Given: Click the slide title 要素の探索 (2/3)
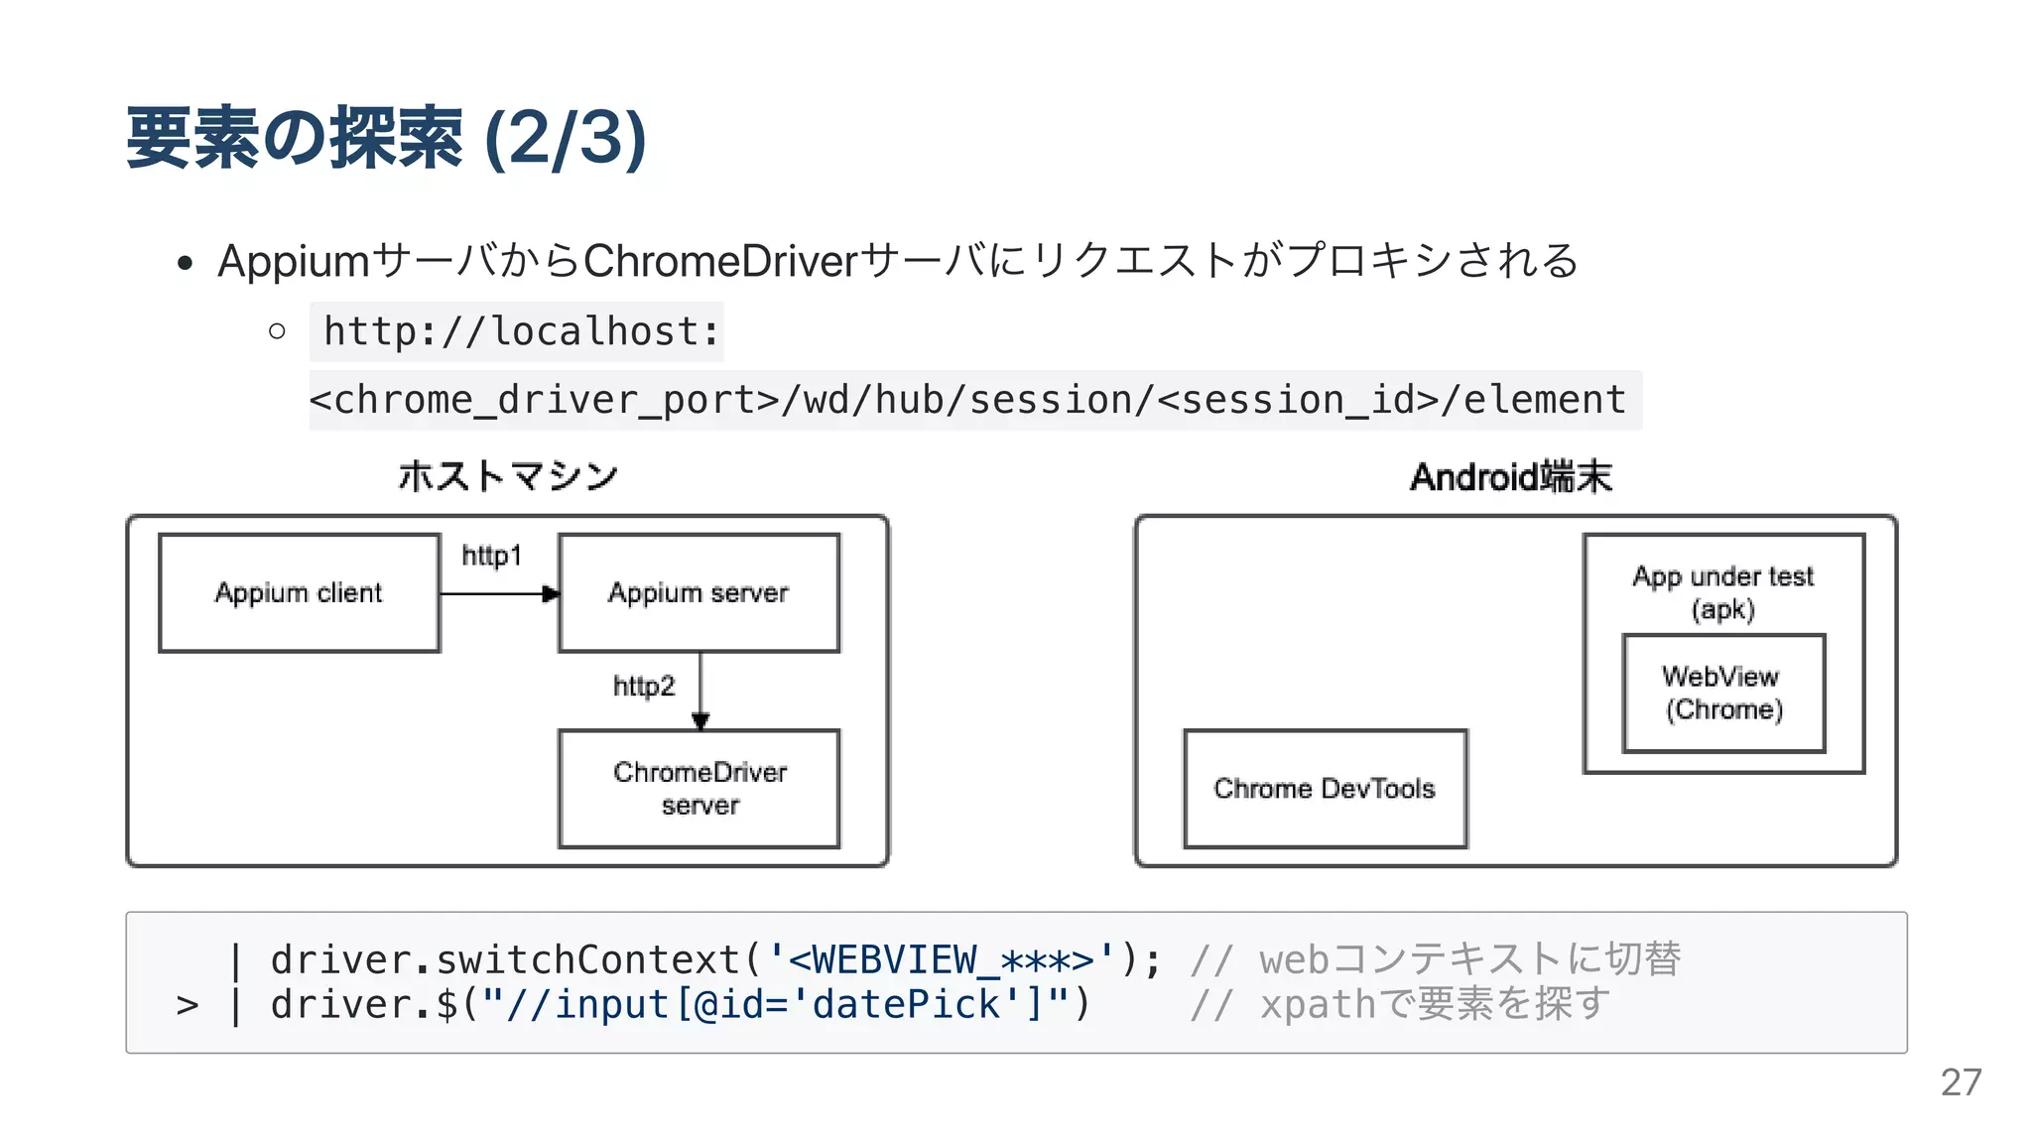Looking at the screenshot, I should [386, 138].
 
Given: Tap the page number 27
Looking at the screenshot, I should [1961, 1082].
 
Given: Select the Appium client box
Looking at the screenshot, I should [299, 593].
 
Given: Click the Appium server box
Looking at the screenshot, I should [698, 593].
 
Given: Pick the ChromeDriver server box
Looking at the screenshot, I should [699, 789].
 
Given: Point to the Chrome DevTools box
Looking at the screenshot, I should [1325, 789].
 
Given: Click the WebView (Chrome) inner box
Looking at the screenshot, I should [1723, 694].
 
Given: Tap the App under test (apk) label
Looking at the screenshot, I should [1723, 591].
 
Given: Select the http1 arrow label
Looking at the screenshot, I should [491, 556].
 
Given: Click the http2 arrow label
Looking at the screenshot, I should [643, 686].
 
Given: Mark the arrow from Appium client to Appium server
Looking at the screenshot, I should [499, 594].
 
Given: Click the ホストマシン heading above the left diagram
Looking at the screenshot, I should [508, 476].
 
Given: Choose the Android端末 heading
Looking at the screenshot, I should [1511, 477].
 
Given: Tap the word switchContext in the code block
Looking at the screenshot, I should [588, 959].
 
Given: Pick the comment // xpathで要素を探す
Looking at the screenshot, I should [1399, 1004].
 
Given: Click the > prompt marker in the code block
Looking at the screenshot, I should [188, 1006].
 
